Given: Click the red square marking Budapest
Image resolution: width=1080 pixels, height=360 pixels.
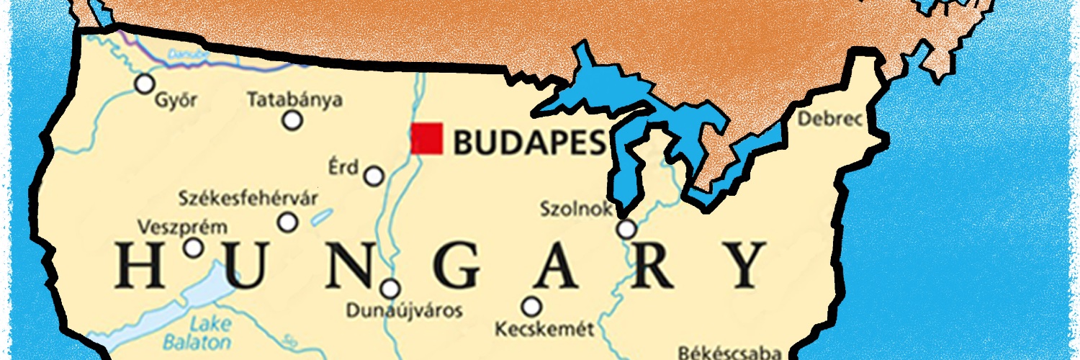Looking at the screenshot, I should coord(427,138).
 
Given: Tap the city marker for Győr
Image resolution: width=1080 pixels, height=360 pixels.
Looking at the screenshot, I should coord(145,84).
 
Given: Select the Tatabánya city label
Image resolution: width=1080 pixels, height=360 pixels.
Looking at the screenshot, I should coord(294,100).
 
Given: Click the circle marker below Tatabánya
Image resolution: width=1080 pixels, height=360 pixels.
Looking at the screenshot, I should coord(292,120).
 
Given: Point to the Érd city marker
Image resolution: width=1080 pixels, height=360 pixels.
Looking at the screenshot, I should coord(374,176).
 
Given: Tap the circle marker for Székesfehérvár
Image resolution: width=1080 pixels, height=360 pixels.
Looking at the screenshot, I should coord(288,222).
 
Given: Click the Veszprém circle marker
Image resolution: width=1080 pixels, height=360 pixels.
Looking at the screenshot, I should coord(193,248).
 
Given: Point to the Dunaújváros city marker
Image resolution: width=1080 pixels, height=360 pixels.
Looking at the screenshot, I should coord(390,289).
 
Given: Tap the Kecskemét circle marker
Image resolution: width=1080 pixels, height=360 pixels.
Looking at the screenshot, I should coord(531,307).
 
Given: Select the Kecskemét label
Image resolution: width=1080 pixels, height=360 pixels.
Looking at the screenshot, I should coord(545,330).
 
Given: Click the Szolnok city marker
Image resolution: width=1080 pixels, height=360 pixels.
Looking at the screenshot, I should coord(627,230).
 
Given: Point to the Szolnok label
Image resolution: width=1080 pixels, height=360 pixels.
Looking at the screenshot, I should coord(576,210).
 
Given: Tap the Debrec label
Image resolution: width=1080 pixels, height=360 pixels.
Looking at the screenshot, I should coord(829,120).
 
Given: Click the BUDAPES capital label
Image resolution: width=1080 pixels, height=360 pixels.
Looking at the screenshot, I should coord(528,143).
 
